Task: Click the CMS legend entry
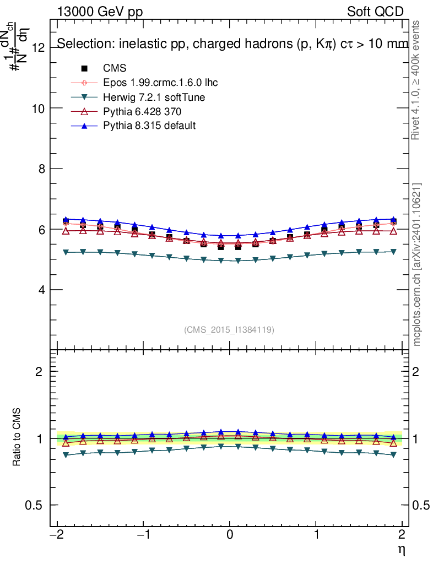115,68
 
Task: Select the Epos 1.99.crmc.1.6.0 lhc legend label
160,83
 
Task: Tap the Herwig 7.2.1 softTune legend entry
154,97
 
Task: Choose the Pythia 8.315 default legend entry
149,126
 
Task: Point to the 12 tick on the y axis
38,48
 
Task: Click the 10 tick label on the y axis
38,109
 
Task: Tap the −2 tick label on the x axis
57,534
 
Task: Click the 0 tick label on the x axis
230,534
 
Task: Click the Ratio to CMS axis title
17,438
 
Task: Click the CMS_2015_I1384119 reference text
229,330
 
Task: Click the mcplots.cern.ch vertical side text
417,264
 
